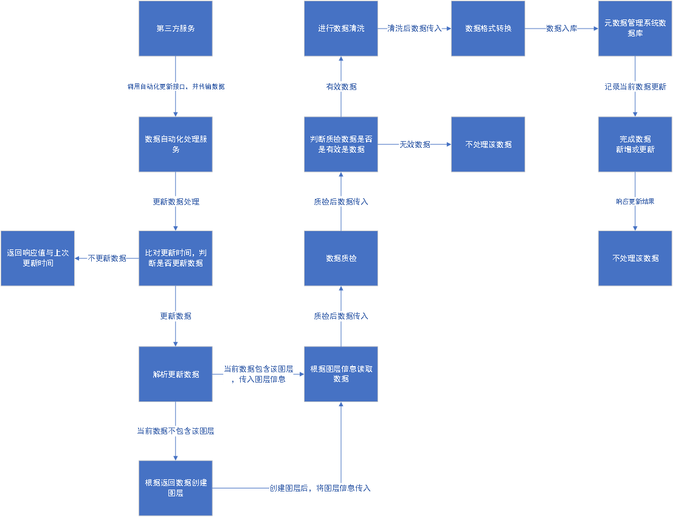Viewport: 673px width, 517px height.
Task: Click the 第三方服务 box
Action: [176, 29]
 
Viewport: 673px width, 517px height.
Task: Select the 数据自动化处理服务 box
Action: [176, 144]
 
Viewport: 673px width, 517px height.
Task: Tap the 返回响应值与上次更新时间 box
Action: [38, 258]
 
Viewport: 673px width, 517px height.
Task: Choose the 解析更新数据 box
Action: [176, 374]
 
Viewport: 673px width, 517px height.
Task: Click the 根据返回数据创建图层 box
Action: [176, 488]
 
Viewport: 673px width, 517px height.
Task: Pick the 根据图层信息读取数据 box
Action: [341, 374]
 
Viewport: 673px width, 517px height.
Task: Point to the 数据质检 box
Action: [341, 258]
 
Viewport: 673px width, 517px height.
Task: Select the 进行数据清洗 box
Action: [341, 29]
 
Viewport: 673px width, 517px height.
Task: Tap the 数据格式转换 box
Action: [488, 29]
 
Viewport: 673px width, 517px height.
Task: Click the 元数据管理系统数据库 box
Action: [635, 29]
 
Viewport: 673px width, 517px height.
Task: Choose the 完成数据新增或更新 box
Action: [635, 144]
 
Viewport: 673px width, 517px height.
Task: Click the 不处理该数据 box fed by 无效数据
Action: [488, 144]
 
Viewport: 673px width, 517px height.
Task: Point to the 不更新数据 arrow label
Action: [107, 258]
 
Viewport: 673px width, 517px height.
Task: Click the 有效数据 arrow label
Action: [341, 87]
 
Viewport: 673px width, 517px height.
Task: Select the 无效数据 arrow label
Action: [415, 144]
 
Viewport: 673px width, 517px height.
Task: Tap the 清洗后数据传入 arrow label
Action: [415, 29]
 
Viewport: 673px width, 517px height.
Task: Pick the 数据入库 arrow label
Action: [561, 29]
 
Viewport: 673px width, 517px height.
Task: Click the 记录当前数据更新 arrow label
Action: [635, 87]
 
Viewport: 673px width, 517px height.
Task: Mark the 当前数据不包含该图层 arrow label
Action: [176, 431]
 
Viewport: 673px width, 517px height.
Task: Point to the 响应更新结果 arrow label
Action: [635, 201]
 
